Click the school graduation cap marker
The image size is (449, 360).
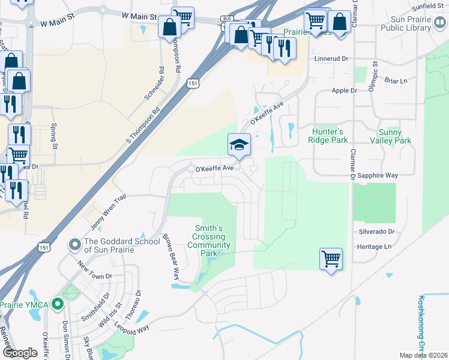coord(239,145)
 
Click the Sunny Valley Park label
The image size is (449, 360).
coord(395,136)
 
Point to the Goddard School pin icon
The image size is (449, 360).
coord(74,244)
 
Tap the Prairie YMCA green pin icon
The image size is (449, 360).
coord(57,304)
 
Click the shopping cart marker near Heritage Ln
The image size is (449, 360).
coord(331,259)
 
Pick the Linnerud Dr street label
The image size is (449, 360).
coord(331,59)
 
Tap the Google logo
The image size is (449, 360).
coord(20,353)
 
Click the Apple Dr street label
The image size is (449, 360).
coord(345,91)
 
